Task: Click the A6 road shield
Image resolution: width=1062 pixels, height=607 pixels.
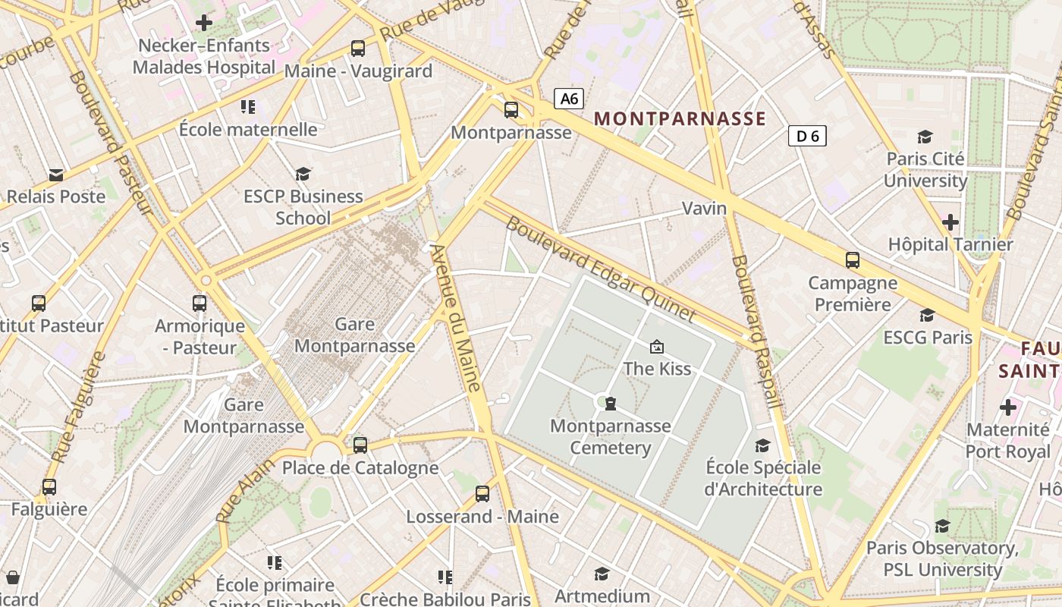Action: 569,98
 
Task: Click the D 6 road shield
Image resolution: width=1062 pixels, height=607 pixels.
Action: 807,136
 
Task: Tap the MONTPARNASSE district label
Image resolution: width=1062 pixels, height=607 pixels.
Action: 680,118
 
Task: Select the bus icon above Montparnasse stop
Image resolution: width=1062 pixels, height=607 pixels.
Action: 511,110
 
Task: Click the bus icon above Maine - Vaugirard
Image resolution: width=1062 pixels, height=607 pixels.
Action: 358,49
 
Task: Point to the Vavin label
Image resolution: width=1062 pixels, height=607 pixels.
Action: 704,208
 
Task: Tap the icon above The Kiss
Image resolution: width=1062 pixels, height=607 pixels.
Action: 657,347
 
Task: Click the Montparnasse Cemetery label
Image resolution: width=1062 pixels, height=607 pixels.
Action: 611,437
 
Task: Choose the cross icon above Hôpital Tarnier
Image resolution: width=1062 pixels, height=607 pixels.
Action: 950,222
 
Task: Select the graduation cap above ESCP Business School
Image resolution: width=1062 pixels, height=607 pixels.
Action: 303,174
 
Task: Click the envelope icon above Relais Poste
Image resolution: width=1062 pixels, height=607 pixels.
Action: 56,175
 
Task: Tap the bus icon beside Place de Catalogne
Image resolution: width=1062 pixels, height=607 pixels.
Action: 360,445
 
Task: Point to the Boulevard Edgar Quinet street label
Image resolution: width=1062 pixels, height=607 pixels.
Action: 600,269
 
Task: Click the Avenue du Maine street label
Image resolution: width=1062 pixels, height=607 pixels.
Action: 456,317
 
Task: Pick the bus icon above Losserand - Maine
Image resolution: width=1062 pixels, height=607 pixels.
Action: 482,494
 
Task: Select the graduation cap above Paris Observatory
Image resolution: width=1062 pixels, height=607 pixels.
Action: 942,526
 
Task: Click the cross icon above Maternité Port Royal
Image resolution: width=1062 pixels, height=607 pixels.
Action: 1008,407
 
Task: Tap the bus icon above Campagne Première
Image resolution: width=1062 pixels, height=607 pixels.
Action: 853,260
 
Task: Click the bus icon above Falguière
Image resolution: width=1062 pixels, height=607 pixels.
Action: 49,487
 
